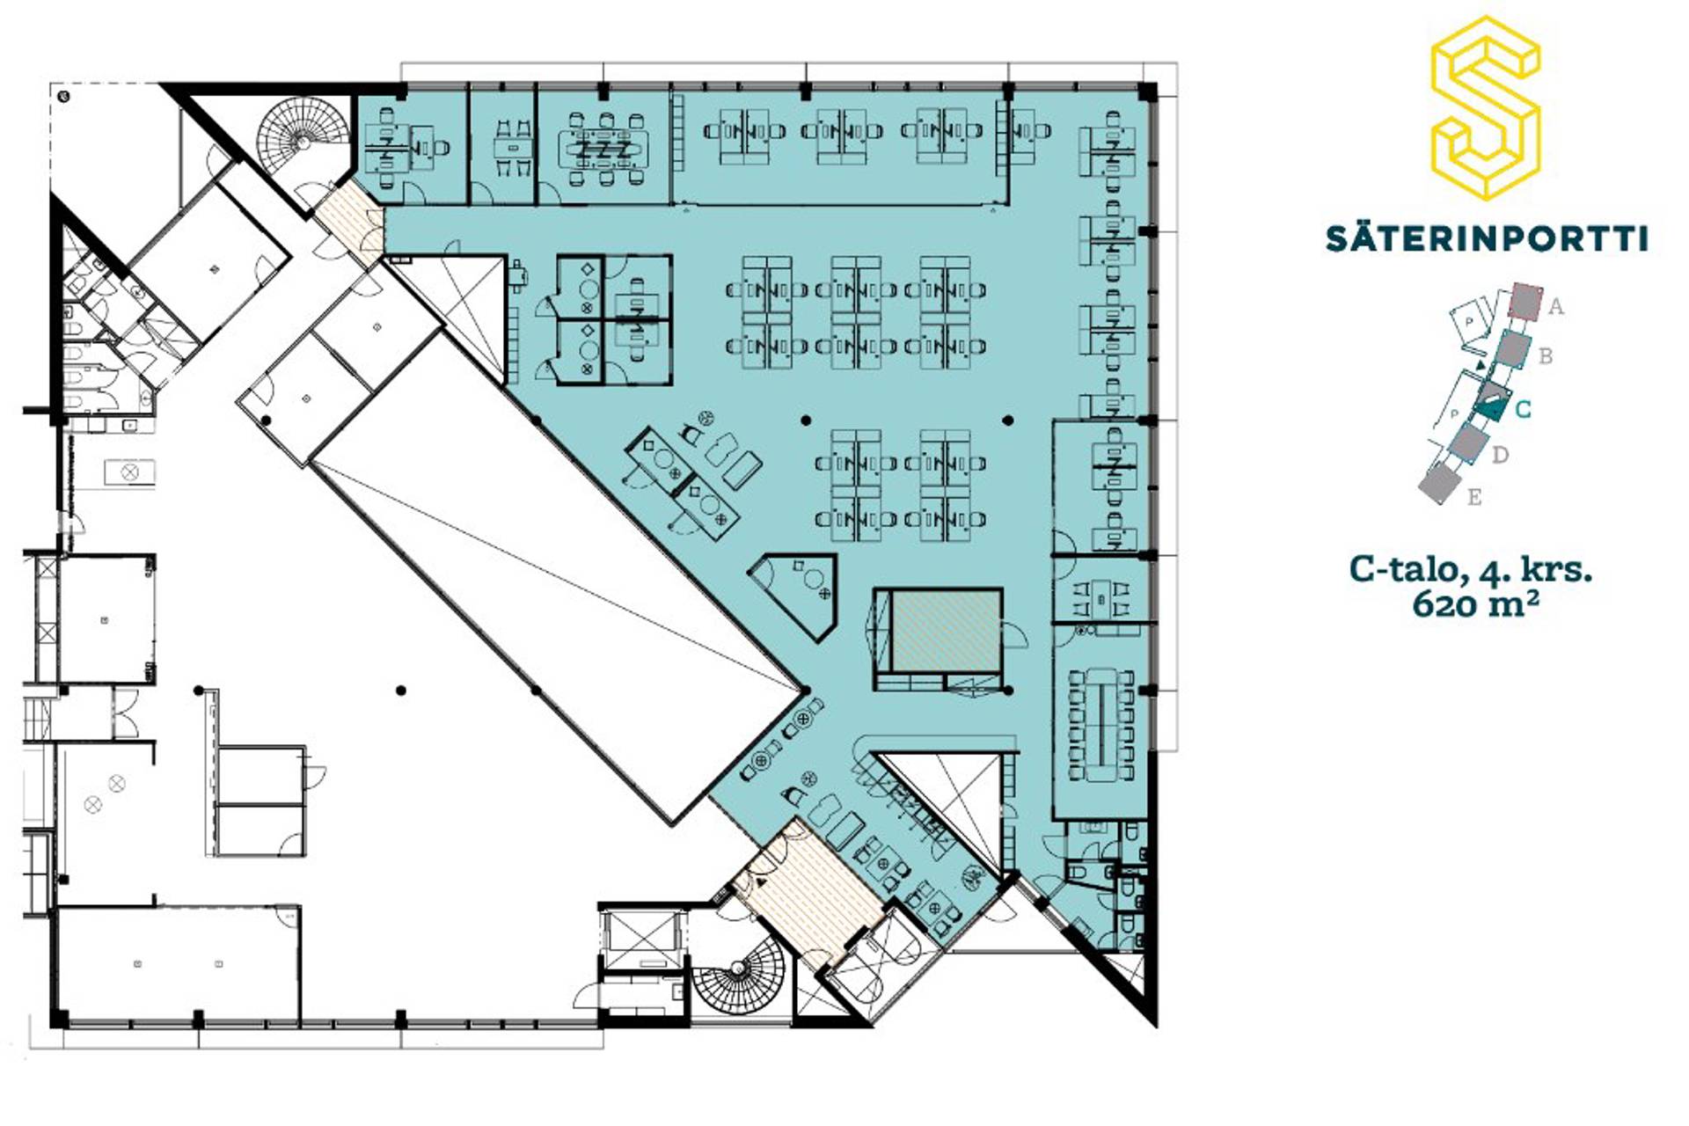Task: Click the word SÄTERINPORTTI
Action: pos(1487,238)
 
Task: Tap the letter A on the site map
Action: pos(1556,307)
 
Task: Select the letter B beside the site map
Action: pos(1545,356)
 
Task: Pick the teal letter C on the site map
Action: pos(1523,409)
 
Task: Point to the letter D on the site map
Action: pos(1501,455)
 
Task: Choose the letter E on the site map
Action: pos(1474,497)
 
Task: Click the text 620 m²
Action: pos(1475,604)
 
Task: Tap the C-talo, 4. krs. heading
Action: pos(1471,570)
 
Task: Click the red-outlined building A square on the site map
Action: pos(1526,301)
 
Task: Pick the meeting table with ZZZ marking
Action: pos(603,150)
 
